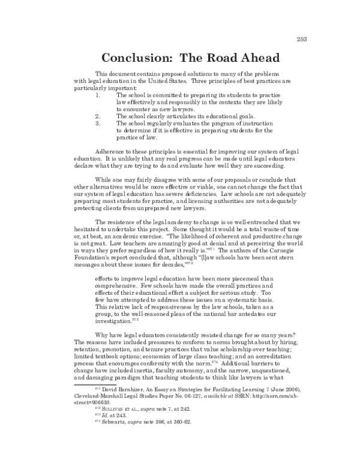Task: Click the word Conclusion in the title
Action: click(x=135, y=58)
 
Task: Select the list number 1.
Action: click(x=98, y=95)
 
